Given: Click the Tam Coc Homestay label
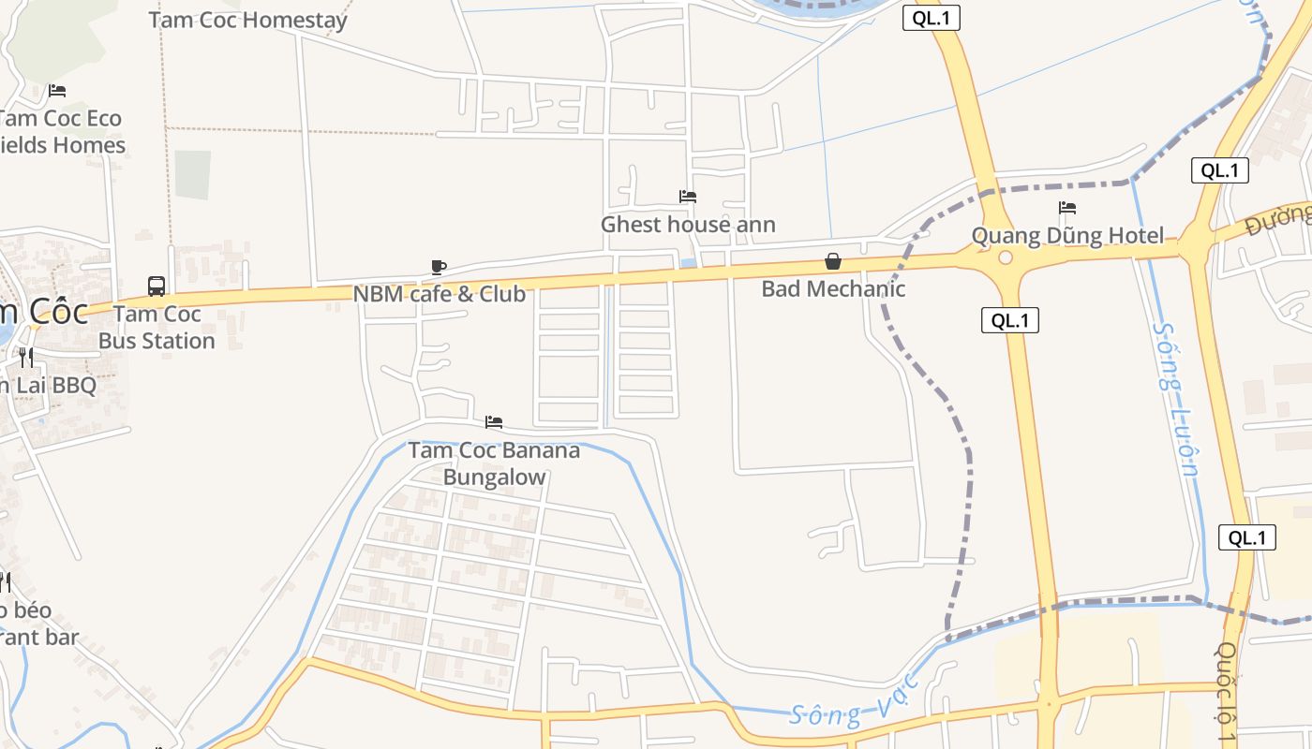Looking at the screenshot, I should [247, 20].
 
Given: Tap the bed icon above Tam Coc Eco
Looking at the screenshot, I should [57, 91].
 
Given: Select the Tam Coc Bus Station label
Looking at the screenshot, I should [157, 328].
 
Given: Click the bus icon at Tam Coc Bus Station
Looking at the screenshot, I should [157, 286].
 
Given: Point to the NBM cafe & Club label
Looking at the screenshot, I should [439, 294].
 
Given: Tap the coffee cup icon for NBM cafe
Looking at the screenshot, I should [438, 268].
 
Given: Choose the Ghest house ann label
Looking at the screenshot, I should [688, 225].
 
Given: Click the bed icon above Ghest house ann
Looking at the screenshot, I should [688, 197].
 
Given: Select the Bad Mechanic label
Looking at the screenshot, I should [833, 288].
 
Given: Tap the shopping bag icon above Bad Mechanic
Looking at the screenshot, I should [832, 261].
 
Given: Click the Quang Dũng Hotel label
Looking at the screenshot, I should [1067, 236].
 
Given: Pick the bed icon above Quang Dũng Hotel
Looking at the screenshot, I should [1067, 208].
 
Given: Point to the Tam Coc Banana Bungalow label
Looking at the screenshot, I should [494, 463].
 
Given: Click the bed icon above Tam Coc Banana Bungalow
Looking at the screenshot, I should [494, 422].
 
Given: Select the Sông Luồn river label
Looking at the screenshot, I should [1176, 398].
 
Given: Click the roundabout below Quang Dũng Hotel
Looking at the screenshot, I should [1006, 257].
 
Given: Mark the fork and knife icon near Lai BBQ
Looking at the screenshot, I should [26, 357].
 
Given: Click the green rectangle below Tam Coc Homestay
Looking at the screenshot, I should [192, 174].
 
